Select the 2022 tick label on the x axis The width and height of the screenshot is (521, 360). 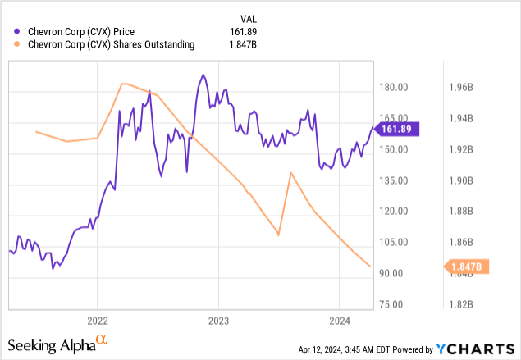pyautogui.click(x=97, y=321)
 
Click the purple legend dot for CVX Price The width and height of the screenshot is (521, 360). pyautogui.click(x=10, y=32)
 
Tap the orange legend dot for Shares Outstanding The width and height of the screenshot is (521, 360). pyautogui.click(x=10, y=45)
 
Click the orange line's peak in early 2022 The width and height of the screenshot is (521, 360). pyautogui.click(x=123, y=84)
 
